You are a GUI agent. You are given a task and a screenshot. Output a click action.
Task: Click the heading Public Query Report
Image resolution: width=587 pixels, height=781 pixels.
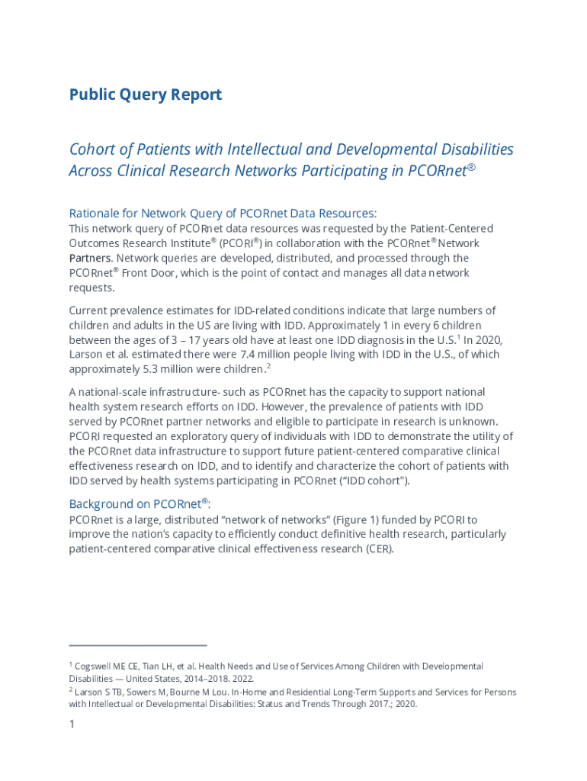[x=145, y=95]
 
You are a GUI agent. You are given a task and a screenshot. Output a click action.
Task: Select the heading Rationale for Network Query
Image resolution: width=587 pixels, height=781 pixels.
[x=223, y=213]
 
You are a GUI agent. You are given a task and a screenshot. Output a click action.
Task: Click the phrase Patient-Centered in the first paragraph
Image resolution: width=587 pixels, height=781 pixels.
[x=451, y=229]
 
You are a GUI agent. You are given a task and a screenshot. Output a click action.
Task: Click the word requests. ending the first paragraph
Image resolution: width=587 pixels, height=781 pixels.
[x=91, y=288]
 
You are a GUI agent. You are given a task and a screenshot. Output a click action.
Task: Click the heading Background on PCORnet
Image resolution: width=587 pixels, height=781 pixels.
[x=140, y=504]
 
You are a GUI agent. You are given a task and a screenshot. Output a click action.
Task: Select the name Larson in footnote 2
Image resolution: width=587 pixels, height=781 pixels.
[x=90, y=693]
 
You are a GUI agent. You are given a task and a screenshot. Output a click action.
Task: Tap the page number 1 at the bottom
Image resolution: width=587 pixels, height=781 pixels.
[x=72, y=725]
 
